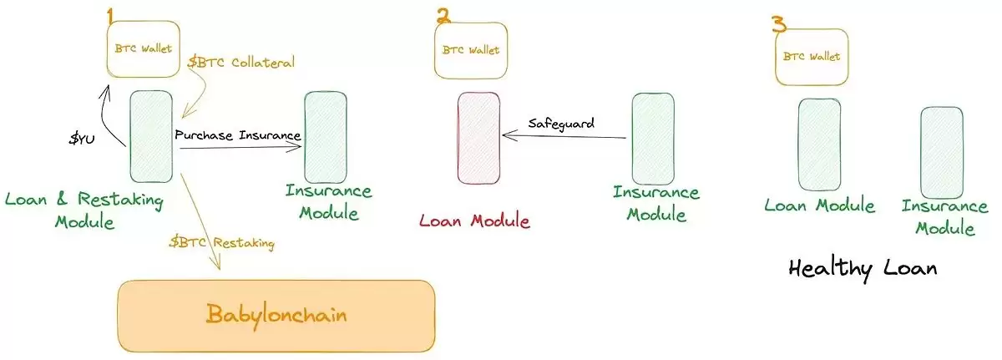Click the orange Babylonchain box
pyautogui.click(x=276, y=315)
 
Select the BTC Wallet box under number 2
pyautogui.click(x=471, y=49)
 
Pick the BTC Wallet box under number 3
pyautogui.click(x=811, y=57)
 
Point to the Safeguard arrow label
pyautogui.click(x=561, y=124)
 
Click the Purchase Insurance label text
pyautogui.click(x=239, y=134)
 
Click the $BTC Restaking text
pyautogui.click(x=221, y=243)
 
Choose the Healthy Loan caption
pyautogui.click(x=863, y=269)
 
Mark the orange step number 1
pyautogui.click(x=109, y=16)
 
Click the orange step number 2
pyautogui.click(x=443, y=15)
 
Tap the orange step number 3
pyautogui.click(x=779, y=23)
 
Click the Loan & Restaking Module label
pyautogui.click(x=83, y=210)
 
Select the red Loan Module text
pyautogui.click(x=474, y=221)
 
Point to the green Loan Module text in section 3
pyautogui.click(x=820, y=205)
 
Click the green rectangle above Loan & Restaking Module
pyautogui.click(x=151, y=136)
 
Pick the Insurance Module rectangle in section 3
pyautogui.click(x=942, y=150)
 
